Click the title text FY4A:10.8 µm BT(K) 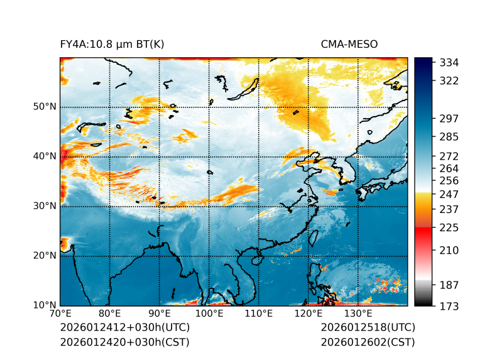pos(112,44)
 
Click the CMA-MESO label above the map pos(349,44)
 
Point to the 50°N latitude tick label pos(45,106)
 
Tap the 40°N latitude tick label pos(45,156)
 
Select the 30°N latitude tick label pos(45,205)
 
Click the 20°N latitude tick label pos(45,256)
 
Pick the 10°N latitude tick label pos(45,305)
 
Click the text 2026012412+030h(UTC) pos(124,328)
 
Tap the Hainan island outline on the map pos(256,259)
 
